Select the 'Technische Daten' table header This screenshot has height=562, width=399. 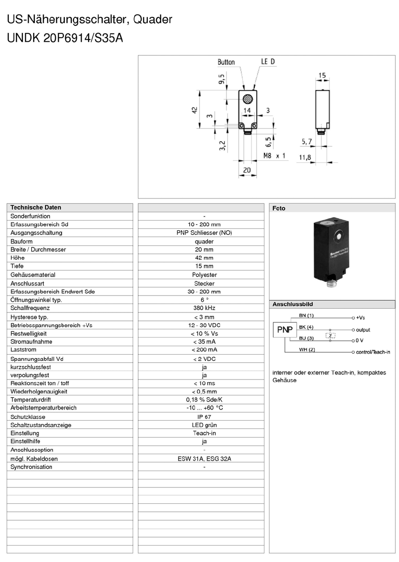(36, 207)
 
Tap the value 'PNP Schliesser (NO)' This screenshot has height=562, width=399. (204, 233)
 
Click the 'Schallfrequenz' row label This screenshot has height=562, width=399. (30, 308)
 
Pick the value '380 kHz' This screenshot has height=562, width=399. (204, 308)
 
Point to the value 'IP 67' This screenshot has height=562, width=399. (204, 417)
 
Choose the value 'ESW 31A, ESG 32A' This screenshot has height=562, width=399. (204, 458)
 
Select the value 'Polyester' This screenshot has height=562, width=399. (204, 274)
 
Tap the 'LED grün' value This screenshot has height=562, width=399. (204, 425)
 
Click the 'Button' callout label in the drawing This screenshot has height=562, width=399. (226, 62)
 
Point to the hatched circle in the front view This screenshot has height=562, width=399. (247, 99)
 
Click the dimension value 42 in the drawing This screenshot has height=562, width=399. (193, 110)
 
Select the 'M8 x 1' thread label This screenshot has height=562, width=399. (274, 155)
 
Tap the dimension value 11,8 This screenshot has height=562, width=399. (305, 158)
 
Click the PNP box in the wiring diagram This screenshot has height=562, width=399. (285, 330)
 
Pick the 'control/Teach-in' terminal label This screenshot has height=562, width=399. (373, 352)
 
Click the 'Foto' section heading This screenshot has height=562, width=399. (279, 208)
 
